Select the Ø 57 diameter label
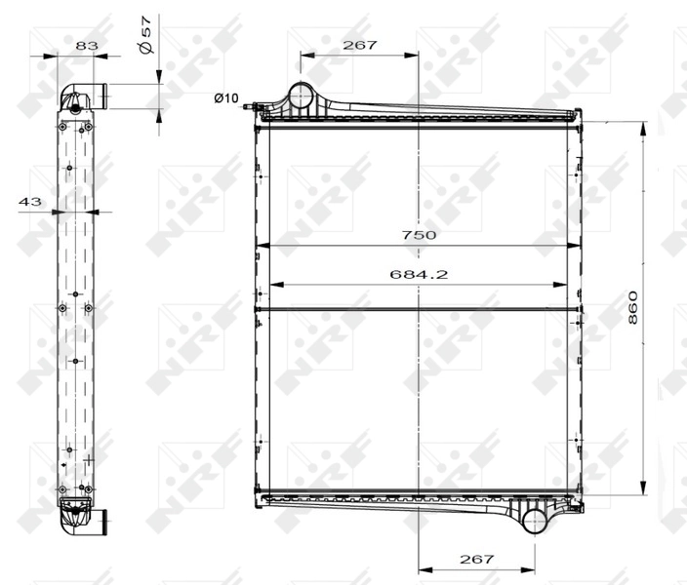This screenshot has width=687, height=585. (x=145, y=34)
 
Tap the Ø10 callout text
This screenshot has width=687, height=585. (x=226, y=97)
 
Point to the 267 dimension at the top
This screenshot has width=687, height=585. (x=359, y=45)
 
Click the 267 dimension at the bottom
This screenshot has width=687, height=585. (x=476, y=559)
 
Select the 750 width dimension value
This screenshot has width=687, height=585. (x=419, y=235)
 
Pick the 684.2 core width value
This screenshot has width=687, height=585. (x=419, y=274)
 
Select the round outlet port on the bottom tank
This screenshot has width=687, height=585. (x=535, y=520)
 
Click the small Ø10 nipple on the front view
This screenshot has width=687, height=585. (x=252, y=105)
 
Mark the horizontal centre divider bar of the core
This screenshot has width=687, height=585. (x=419, y=310)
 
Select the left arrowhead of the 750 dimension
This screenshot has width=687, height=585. (x=263, y=246)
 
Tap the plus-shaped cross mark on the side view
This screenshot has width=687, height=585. (x=88, y=458)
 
